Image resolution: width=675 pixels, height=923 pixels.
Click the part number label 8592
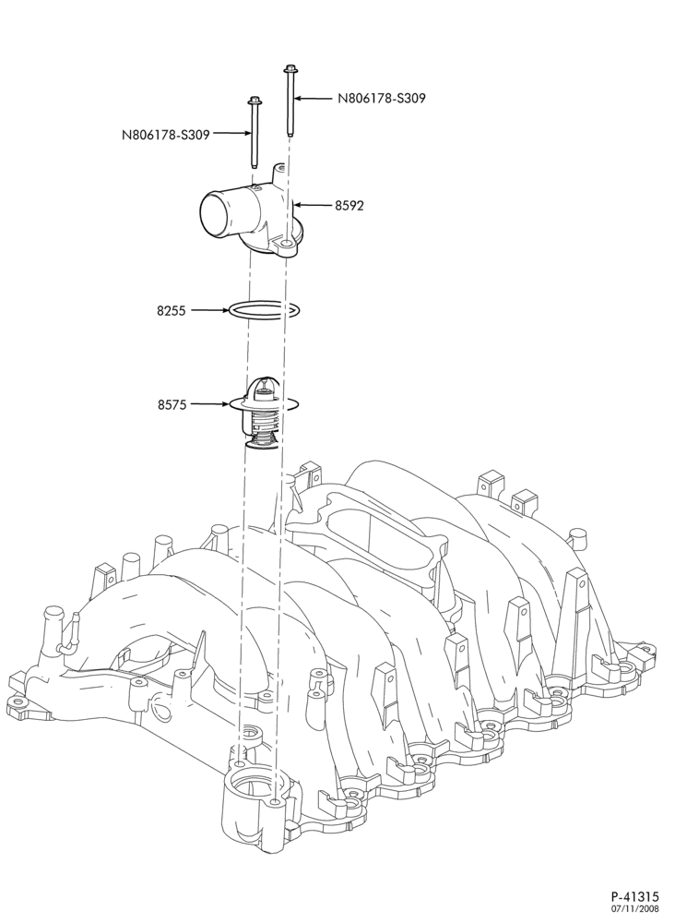349,206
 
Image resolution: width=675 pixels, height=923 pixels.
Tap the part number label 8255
172,310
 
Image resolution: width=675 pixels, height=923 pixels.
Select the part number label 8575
172,404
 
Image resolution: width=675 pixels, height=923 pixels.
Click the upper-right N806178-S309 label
382,99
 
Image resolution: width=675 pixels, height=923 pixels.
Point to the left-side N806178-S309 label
166,134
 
